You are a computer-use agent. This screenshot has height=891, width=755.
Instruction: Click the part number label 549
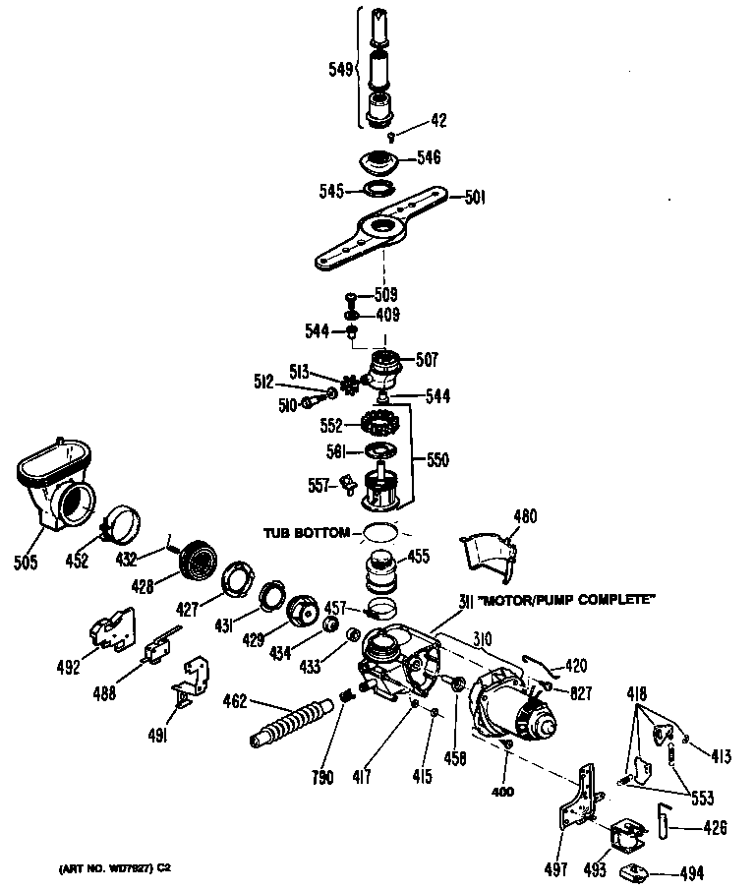[x=339, y=69]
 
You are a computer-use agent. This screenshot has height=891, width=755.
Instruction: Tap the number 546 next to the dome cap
[x=429, y=156]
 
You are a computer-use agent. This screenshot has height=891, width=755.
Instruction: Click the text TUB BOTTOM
[x=306, y=532]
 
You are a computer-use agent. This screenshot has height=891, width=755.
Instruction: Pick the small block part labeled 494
[x=637, y=870]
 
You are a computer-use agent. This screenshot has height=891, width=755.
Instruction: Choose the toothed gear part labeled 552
[x=378, y=425]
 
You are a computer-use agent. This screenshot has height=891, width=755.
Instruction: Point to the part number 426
[x=714, y=827]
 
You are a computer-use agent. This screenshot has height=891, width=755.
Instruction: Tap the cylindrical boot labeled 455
[x=378, y=571]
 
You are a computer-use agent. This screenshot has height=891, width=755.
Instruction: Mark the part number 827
[x=580, y=693]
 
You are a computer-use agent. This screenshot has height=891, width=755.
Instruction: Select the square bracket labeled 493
[x=622, y=837]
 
